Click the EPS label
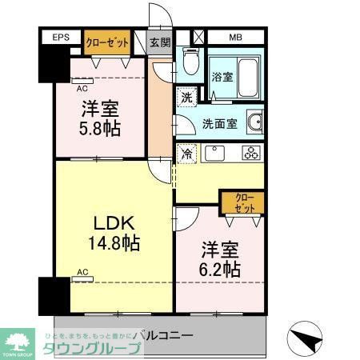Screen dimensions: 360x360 click(x=61, y=38)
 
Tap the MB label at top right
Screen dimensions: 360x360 click(x=236, y=38)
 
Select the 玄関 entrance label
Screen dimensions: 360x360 click(x=160, y=42)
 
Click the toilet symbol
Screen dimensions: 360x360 click(x=190, y=60)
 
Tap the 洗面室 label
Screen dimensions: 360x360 click(x=218, y=124)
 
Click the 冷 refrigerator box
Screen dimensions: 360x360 click(x=185, y=152)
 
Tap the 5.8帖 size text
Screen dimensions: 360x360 click(x=99, y=127)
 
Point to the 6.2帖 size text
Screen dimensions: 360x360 click(x=219, y=269)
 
